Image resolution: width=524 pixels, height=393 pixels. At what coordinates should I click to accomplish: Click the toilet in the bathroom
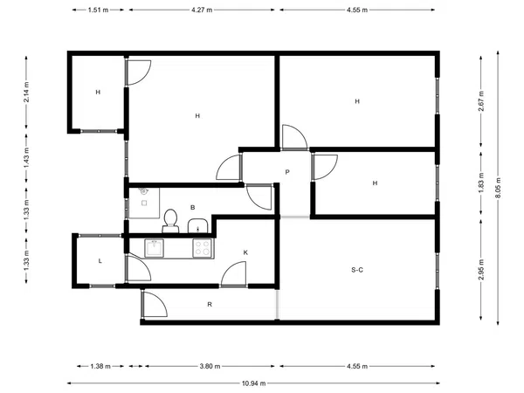coord(170,221)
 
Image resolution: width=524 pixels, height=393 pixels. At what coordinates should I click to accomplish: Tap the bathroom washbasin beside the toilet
coord(198,226)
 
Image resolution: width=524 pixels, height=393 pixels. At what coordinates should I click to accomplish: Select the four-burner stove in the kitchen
coord(203,248)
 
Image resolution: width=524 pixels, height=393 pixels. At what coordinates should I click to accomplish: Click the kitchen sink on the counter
coord(154,248)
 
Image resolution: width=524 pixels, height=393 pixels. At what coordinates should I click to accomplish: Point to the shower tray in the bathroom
coord(144,203)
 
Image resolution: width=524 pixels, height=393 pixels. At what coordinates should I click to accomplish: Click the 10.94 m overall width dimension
coord(253,383)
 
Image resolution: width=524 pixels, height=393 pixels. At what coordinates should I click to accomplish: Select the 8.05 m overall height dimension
coord(498,188)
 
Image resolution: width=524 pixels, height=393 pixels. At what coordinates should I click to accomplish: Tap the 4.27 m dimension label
coord(202,10)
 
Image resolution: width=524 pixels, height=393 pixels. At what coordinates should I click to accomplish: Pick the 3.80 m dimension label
coord(210,366)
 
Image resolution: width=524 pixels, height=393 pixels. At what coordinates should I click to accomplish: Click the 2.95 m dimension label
coord(481,270)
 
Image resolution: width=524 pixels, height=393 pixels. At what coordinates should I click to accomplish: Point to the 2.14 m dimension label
coord(26,92)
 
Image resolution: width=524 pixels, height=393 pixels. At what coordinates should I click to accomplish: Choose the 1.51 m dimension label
coord(98,10)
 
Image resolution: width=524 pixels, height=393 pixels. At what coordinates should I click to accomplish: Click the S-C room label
coord(357,270)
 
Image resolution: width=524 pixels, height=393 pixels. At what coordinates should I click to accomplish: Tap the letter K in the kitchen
coord(245,252)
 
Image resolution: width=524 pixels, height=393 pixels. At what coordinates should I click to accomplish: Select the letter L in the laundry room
coord(100,261)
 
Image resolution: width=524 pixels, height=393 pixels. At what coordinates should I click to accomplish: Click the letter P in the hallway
coord(287,172)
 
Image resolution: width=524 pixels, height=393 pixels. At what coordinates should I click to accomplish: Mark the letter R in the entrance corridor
coord(210,305)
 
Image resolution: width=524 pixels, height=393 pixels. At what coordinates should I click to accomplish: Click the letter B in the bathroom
coord(192,208)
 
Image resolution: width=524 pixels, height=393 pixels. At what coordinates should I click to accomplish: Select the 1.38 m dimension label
coord(100,367)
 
